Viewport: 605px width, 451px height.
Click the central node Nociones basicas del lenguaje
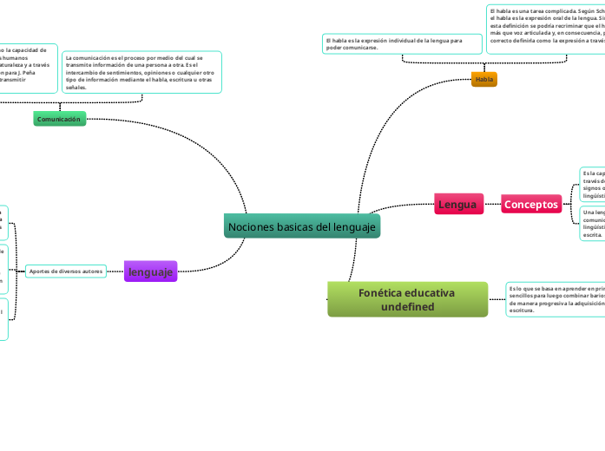[x=302, y=226]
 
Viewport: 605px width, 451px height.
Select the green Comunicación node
[x=59, y=119]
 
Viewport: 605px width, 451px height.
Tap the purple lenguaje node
[x=150, y=271]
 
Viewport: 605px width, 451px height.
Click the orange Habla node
[x=483, y=79]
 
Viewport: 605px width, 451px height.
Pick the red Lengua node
[x=457, y=205]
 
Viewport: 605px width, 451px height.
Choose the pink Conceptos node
[x=531, y=205]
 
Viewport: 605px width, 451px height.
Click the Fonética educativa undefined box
[x=407, y=299]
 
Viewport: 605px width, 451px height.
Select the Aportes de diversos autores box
[x=66, y=271]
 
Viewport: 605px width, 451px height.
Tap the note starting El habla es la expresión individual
[x=398, y=43]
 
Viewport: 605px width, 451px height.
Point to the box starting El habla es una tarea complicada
[x=546, y=29]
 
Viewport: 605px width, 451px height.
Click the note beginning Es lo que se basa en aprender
[x=555, y=298]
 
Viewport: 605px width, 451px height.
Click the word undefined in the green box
[x=407, y=307]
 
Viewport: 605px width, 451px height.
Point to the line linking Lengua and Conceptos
[x=491, y=205]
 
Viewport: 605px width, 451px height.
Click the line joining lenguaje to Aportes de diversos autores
[x=115, y=271]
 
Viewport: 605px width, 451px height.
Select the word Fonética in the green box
[x=383, y=292]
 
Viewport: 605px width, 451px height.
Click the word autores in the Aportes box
[x=92, y=271]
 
